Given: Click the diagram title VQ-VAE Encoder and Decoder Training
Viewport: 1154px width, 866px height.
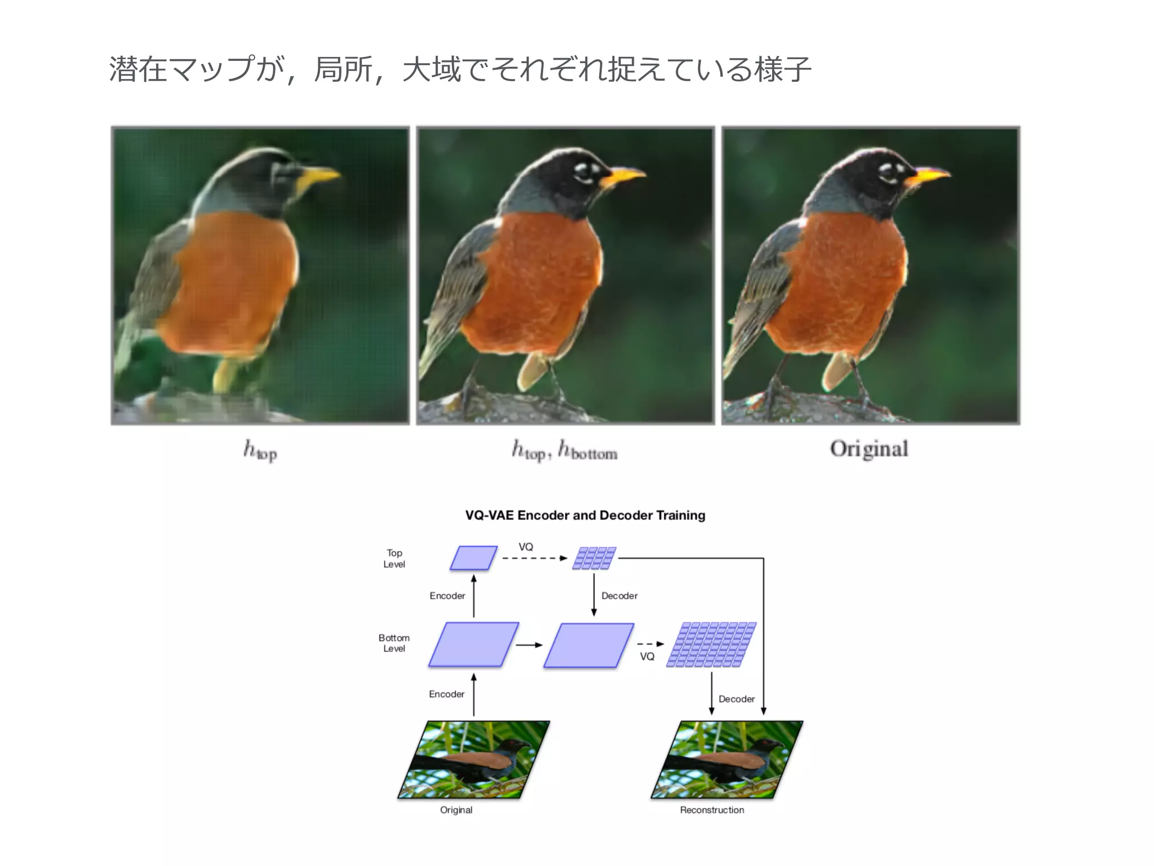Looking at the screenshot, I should (x=585, y=515).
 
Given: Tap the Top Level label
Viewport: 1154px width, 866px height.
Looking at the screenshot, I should (x=394, y=558).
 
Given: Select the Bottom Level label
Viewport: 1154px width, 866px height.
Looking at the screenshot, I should (x=394, y=643).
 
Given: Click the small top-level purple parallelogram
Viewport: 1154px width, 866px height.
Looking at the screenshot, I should (x=473, y=558).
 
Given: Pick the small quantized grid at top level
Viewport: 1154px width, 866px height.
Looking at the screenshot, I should (x=594, y=558).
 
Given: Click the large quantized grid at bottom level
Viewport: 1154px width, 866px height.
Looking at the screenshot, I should (x=711, y=644).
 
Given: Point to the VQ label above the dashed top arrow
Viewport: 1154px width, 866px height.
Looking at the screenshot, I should (x=526, y=547).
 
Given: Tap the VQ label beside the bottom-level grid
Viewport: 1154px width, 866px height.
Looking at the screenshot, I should (x=647, y=656).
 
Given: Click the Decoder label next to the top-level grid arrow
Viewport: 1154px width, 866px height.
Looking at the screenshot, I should (x=619, y=596).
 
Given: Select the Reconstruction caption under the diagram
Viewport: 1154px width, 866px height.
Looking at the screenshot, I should (x=712, y=810).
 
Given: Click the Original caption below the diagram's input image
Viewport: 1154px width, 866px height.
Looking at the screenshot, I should (x=456, y=810).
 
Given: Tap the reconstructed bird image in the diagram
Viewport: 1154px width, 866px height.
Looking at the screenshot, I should (x=726, y=759).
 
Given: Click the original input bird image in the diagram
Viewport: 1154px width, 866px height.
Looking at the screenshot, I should (x=473, y=759).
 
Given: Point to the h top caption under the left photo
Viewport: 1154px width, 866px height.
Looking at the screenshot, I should (x=260, y=450).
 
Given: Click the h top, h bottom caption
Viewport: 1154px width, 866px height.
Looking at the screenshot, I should (x=565, y=450).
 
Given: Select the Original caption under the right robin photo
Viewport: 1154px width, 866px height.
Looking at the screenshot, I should (x=869, y=449).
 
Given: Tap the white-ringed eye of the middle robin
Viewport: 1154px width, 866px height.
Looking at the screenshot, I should (x=584, y=173).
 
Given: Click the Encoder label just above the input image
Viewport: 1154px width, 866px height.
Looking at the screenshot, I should (x=446, y=694).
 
